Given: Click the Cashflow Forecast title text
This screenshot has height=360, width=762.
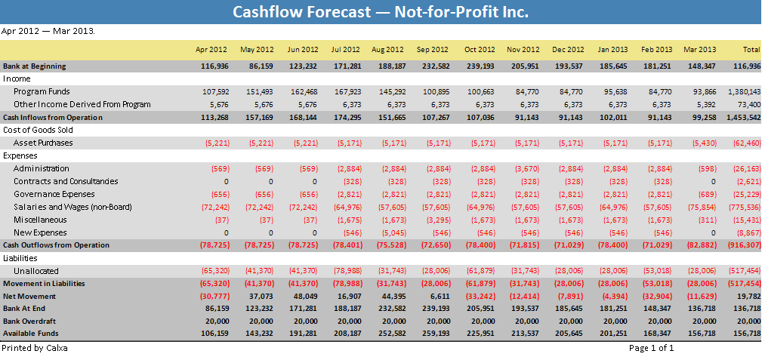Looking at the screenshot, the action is point(380,11).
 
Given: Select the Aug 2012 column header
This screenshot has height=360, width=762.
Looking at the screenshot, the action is point(387,50).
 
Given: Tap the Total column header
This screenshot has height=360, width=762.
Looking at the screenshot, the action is point(751,50).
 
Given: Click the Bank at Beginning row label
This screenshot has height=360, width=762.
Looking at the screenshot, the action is point(34,66).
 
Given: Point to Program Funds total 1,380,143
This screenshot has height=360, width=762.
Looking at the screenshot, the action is point(744,91).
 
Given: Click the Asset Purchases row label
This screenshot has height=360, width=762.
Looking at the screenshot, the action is point(43,143).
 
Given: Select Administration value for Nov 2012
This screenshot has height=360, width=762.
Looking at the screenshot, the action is point(527,168).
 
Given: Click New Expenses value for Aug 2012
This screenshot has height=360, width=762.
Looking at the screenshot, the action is point(393,232).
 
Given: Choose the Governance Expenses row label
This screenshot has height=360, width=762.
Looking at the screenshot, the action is point(54,194).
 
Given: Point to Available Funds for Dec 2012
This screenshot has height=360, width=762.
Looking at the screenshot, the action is point(571,334).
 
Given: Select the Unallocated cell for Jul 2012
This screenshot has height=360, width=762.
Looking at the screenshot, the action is point(347,271).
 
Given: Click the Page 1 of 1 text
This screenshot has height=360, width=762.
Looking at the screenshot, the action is point(651,348).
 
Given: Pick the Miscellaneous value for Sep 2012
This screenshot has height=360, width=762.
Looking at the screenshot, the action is point(438,220).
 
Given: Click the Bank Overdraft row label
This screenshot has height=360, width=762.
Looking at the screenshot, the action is point(29,322).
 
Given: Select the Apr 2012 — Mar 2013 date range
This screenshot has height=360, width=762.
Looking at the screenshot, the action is point(48,32).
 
